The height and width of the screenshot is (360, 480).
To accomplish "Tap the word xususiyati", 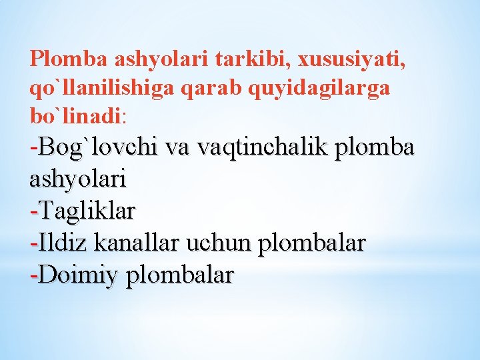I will tap(353, 60).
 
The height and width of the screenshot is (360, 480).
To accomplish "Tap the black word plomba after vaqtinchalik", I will tap(378, 148).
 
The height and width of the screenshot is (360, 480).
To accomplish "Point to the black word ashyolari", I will tap(79, 179).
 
